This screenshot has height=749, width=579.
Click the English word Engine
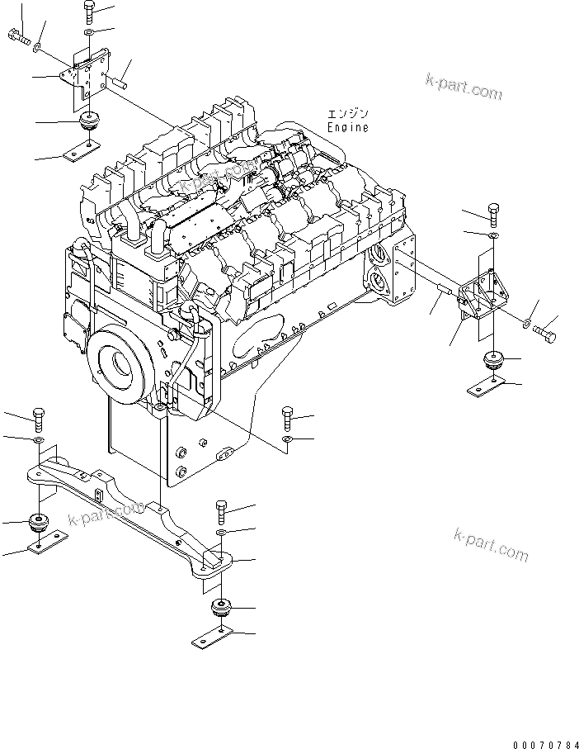coord(347,128)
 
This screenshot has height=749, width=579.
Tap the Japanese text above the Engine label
coord(347,114)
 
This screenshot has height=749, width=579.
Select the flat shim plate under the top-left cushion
coord(82,151)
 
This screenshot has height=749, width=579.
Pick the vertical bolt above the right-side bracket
coord(492,214)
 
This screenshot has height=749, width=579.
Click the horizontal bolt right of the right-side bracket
coord(543,334)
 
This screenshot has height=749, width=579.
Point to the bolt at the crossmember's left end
coord(38,420)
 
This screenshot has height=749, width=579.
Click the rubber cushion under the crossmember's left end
coord(38,523)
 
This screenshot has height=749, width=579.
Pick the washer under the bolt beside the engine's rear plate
coord(285,441)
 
